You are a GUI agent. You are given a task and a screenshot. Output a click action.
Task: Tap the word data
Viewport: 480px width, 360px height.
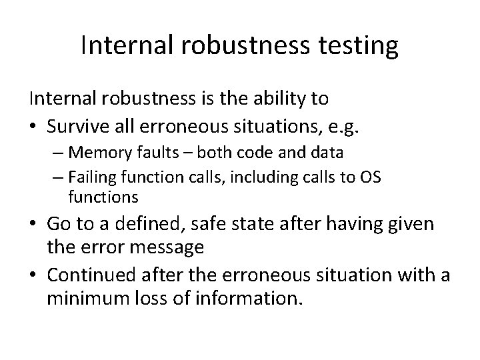click(327, 153)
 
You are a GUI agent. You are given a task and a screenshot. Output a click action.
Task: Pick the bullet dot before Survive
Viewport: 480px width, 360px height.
click(33, 124)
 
